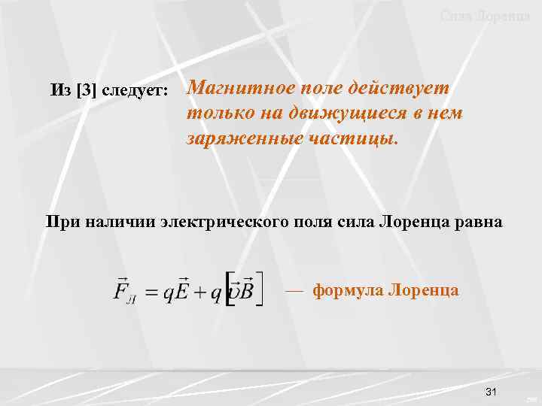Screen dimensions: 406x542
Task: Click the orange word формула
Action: [x=347, y=289]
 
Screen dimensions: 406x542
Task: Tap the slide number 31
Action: [x=493, y=392]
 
